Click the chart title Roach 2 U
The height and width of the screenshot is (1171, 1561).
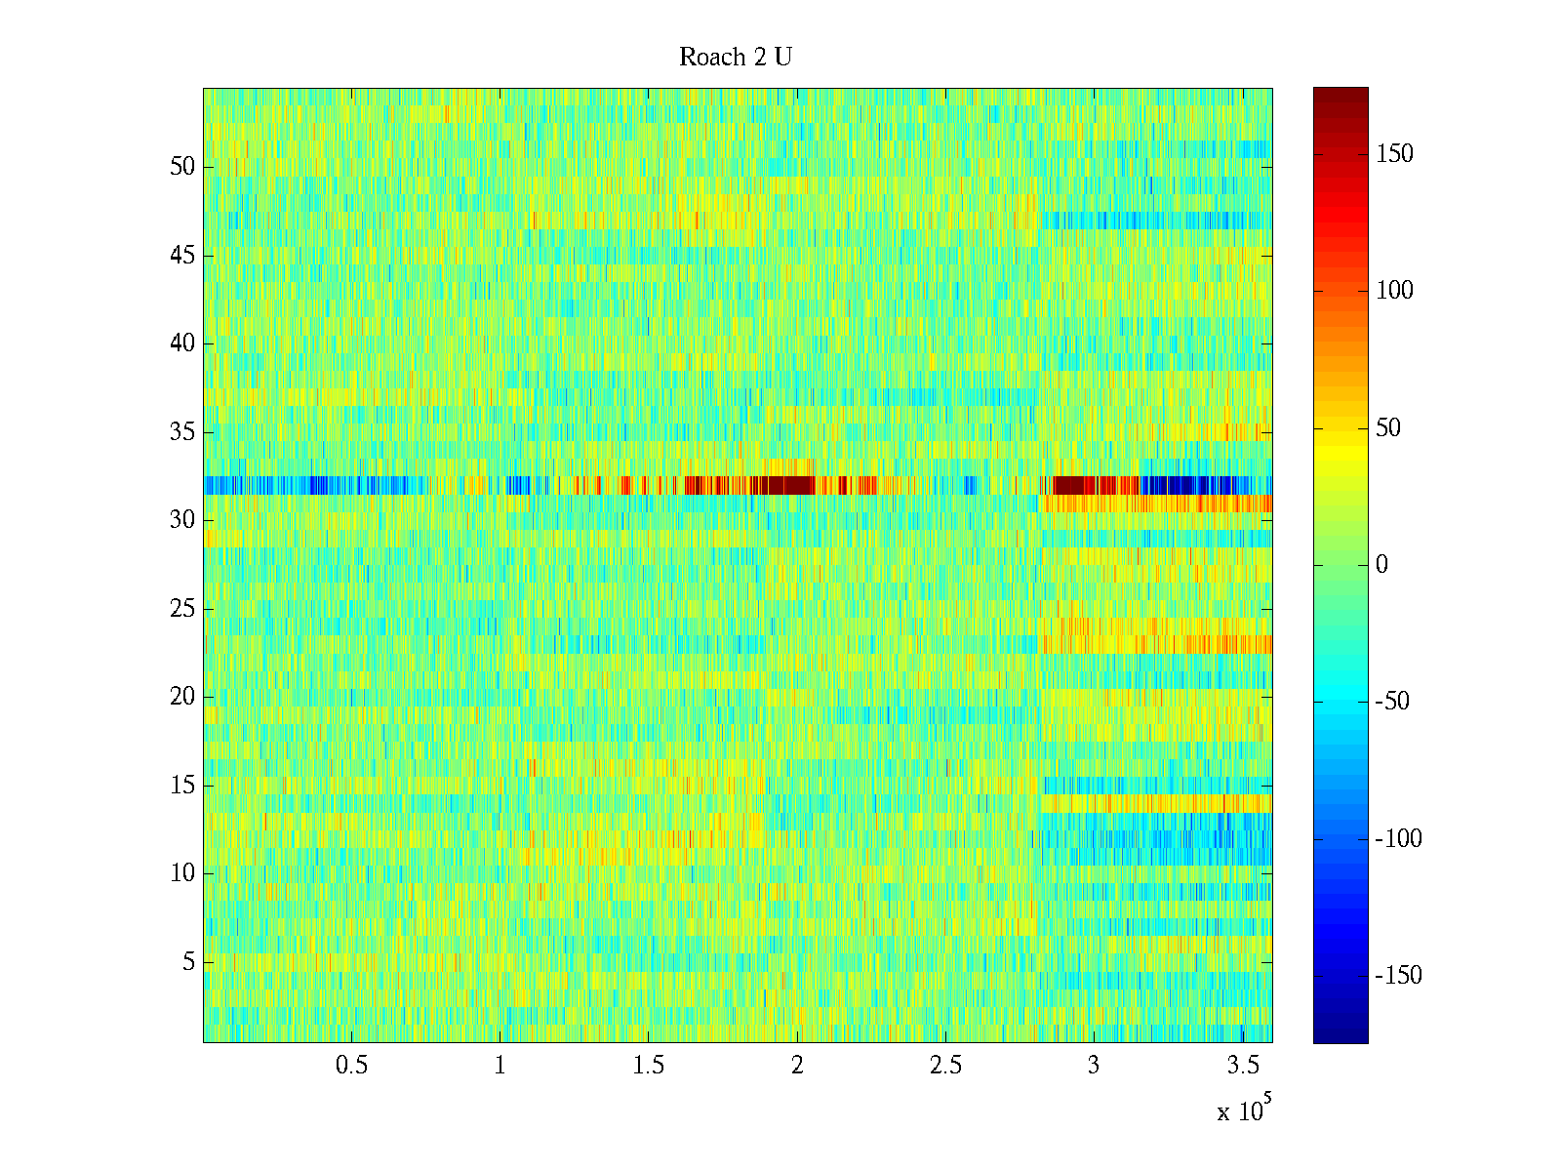735,58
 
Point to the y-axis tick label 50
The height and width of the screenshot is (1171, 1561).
182,166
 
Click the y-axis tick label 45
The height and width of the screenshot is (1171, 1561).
182,256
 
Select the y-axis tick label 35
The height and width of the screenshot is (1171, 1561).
182,432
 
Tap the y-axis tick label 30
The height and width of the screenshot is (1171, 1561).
182,520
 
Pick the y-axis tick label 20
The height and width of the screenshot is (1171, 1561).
182,697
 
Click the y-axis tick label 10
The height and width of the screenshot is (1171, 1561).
182,873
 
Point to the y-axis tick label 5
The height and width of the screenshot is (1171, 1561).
188,962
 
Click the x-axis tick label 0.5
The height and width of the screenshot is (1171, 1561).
351,1066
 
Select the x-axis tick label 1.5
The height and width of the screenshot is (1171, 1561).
649,1066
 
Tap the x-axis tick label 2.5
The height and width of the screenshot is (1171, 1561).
945,1066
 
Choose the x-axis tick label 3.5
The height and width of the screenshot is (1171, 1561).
1242,1066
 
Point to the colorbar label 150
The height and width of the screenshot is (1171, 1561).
1393,154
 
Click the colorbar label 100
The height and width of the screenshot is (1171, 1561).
1393,291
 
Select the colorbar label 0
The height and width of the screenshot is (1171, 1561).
1381,565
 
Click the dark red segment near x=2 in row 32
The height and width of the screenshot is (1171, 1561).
785,485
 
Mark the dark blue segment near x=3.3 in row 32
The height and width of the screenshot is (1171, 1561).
1181,485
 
